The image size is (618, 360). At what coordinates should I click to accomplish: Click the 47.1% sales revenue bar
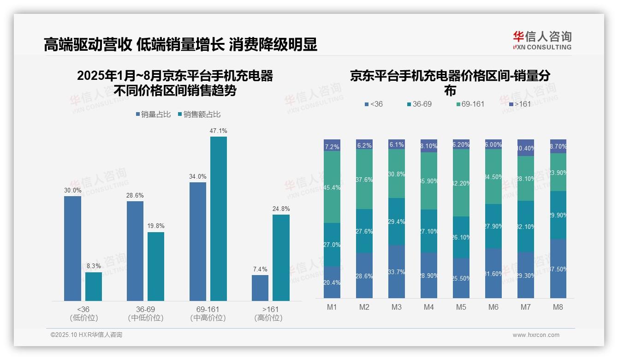click(x=219, y=219)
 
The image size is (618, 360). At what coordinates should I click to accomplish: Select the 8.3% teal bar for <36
click(x=94, y=287)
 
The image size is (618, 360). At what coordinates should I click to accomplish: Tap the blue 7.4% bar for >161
click(x=260, y=288)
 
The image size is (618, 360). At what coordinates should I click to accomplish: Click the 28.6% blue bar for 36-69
click(x=135, y=251)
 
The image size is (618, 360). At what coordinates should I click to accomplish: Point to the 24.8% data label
click(x=281, y=209)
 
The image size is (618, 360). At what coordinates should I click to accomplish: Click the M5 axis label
click(x=461, y=307)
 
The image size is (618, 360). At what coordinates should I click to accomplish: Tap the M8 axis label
click(x=558, y=307)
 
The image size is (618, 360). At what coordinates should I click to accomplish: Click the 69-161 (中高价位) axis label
click(x=208, y=313)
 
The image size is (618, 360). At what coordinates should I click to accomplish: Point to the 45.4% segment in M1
click(x=332, y=187)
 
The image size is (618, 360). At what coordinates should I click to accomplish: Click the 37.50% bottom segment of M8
click(x=558, y=269)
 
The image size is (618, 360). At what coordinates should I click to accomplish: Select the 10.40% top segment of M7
click(x=526, y=148)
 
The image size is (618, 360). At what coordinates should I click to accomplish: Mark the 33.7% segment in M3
click(x=397, y=271)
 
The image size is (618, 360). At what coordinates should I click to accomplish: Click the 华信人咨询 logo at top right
click(x=542, y=40)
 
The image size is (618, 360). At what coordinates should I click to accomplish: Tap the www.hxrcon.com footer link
click(x=536, y=335)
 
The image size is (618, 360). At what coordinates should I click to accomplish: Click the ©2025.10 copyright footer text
click(x=86, y=335)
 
